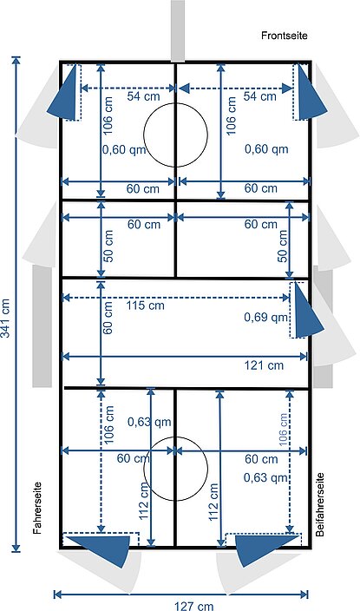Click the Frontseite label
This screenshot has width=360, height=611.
(284, 36)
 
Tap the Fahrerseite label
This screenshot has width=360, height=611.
(37, 508)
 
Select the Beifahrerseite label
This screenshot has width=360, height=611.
(320, 504)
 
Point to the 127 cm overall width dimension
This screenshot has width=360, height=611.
(193, 606)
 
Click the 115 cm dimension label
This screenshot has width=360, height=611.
(146, 305)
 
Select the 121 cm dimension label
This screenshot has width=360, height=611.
(264, 365)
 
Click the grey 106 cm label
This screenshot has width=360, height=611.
(283, 430)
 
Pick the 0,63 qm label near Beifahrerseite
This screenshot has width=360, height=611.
(266, 477)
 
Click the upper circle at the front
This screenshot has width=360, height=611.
(176, 103)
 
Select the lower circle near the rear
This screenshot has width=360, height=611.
(176, 437)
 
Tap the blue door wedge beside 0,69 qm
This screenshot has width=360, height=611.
(308, 311)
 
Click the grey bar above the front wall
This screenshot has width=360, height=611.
(178, 30)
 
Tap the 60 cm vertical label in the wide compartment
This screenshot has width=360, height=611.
(108, 318)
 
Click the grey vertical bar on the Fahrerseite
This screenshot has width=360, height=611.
(43, 326)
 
